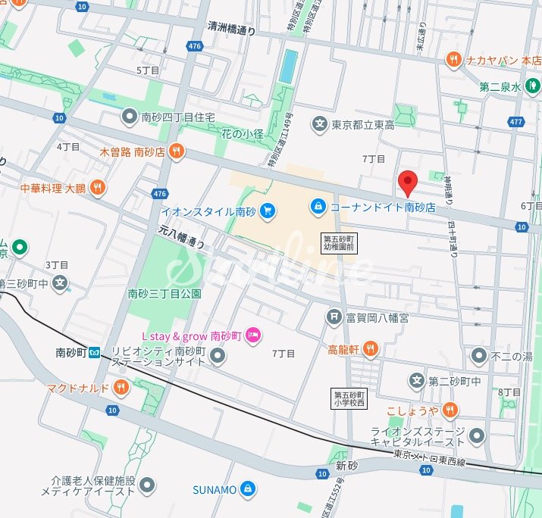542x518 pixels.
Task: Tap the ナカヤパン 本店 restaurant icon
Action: click(x=453, y=58)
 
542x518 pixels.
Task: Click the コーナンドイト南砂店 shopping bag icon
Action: click(x=318, y=206)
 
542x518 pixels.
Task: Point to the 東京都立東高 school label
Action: click(x=363, y=123)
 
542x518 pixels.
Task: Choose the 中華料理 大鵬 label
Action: click(x=52, y=187)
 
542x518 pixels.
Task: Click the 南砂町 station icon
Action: click(x=95, y=352)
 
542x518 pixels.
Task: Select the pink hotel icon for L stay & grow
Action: click(x=254, y=335)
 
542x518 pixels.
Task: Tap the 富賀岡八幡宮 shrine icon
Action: click(x=332, y=317)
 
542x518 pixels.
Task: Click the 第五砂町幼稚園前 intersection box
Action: click(x=339, y=242)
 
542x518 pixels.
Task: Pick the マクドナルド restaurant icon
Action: click(x=121, y=388)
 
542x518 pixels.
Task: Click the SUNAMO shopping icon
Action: click(x=246, y=489)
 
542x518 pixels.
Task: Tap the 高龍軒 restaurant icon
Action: click(x=370, y=349)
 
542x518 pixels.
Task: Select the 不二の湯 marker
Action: click(x=478, y=354)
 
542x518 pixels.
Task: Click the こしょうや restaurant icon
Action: click(x=450, y=410)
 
